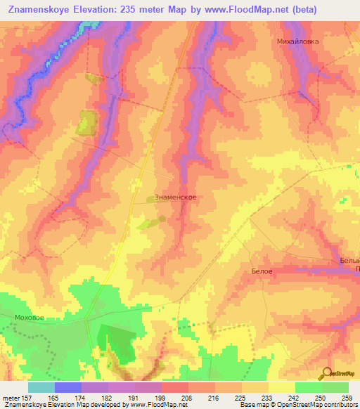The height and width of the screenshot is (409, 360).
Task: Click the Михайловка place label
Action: click(x=297, y=41)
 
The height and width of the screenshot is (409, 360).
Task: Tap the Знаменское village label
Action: click(x=175, y=198)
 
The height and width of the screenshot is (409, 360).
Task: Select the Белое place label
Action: click(x=262, y=271)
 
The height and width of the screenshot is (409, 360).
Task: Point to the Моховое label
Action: click(x=29, y=318)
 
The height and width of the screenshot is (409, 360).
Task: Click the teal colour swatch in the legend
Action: click(x=41, y=387)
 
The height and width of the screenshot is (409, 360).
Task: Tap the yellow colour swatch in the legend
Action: click(x=281, y=387)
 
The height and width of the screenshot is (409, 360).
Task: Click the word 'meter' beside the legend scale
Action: click(x=11, y=397)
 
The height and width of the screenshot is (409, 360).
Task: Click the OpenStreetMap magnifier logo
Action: click(x=328, y=375)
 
